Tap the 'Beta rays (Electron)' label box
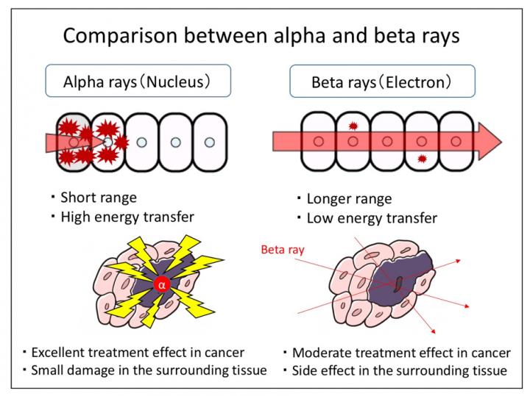[x=381, y=82]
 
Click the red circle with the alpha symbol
[x=163, y=284]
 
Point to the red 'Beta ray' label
[x=283, y=250]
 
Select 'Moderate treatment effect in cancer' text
[x=401, y=353]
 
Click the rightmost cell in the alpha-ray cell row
[x=210, y=141]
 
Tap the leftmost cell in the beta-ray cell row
[x=318, y=140]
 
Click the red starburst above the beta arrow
[x=353, y=127]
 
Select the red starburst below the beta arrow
[x=421, y=159]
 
